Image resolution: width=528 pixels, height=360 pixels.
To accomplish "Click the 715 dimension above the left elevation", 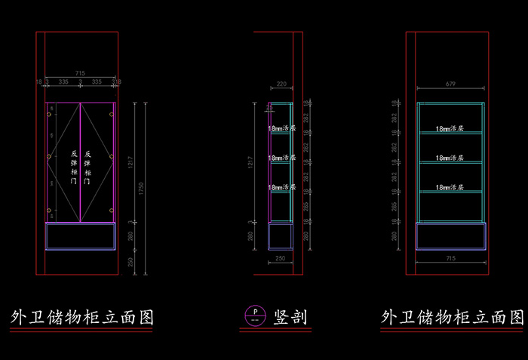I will click(80, 72).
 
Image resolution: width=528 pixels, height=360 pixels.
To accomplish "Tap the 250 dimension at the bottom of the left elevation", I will click(130, 261).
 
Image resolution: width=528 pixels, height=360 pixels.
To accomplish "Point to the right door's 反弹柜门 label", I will click(87, 168).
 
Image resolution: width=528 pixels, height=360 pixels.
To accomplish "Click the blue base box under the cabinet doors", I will click(80, 236).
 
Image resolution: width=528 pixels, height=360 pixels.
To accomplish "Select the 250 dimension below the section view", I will click(280, 259).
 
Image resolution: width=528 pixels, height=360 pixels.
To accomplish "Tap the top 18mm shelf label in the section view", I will click(281, 129).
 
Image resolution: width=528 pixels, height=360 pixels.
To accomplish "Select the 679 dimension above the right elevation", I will click(450, 85).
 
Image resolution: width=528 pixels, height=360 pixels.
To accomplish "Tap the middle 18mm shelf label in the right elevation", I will click(450, 159).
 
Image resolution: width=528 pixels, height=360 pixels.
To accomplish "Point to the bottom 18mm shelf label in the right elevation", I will click(450, 188).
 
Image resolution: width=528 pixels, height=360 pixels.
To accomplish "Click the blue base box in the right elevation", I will click(450, 236).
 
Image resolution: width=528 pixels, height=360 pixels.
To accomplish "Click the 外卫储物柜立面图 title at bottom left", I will click(81, 316).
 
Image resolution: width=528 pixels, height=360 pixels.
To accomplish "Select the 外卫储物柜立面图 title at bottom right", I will click(452, 316).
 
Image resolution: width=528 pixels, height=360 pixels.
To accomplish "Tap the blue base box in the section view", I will click(280, 236).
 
